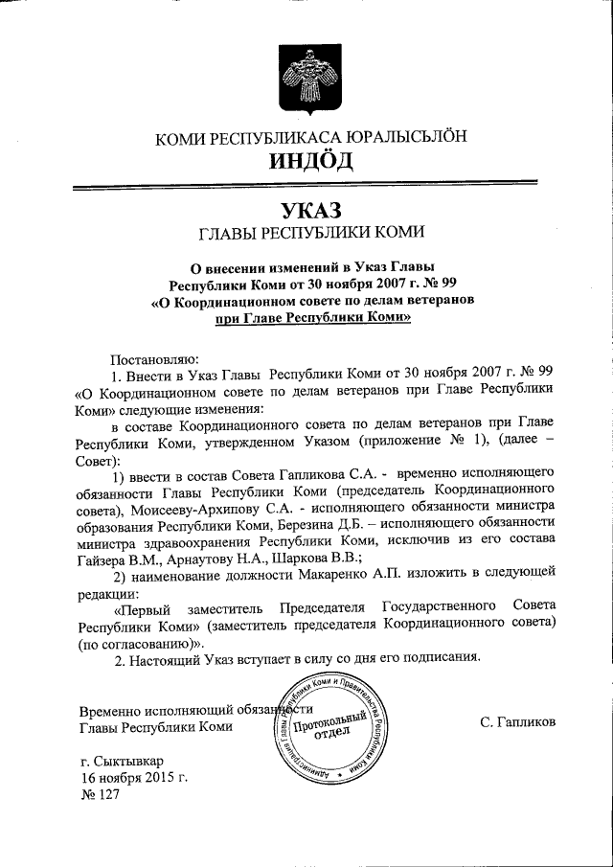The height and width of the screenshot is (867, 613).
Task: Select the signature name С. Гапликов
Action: [518, 720]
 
